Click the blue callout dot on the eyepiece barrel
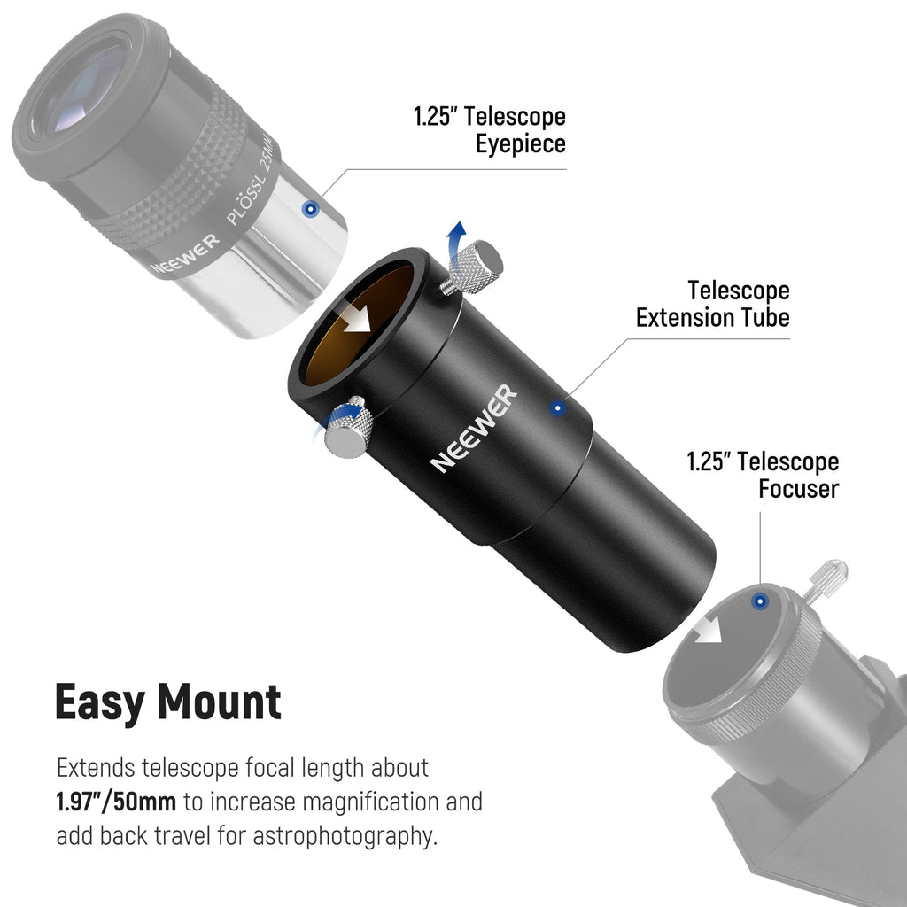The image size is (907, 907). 311,208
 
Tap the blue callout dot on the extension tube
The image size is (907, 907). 557,408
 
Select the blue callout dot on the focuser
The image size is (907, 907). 760,601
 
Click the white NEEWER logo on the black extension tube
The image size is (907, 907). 474,428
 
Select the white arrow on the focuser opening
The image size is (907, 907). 708,630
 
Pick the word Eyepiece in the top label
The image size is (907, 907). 521,143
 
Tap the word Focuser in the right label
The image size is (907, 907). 798,488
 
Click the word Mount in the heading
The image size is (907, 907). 220,702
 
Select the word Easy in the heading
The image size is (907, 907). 99,702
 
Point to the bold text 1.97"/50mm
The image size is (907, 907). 116,802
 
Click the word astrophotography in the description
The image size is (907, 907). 345,836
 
